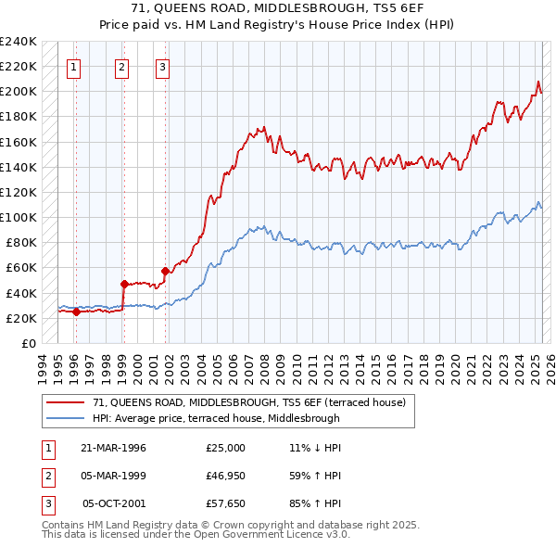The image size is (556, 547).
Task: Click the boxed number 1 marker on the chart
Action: (x=74, y=66)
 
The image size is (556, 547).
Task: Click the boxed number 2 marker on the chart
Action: (x=122, y=66)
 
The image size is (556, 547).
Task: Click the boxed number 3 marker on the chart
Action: (x=162, y=66)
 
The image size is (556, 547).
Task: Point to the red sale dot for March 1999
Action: (x=123, y=284)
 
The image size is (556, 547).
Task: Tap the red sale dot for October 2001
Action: (x=165, y=271)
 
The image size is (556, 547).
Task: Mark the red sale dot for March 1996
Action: (x=75, y=312)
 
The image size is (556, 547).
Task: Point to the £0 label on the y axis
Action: (x=29, y=343)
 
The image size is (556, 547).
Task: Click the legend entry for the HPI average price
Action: (x=216, y=418)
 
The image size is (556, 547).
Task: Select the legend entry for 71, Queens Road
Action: (x=248, y=402)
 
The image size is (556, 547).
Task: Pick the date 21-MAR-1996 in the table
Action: (x=114, y=448)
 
